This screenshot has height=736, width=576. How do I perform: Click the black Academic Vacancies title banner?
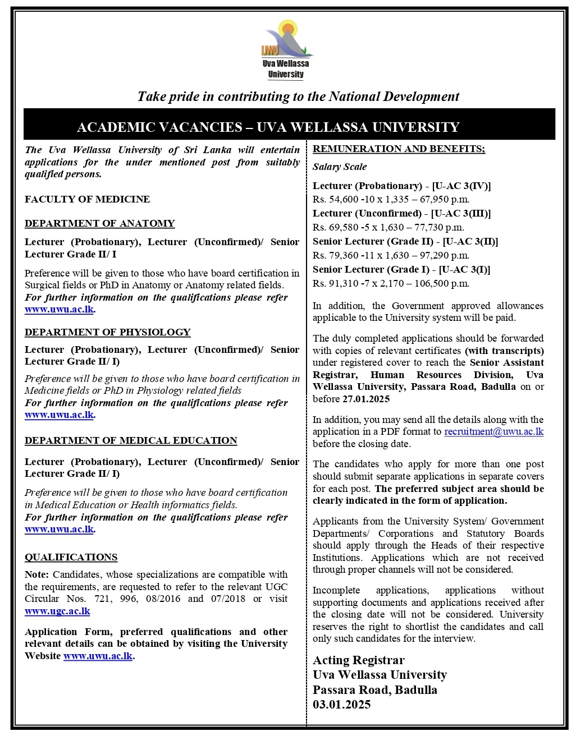pyautogui.click(x=289, y=127)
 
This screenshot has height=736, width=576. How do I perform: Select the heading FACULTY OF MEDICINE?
pyautogui.click(x=87, y=199)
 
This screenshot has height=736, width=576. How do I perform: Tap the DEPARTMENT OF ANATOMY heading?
pyautogui.click(x=99, y=223)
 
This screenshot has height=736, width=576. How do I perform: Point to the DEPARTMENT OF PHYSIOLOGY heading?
pyautogui.click(x=107, y=332)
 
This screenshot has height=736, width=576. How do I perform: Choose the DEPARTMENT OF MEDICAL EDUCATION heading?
pyautogui.click(x=131, y=440)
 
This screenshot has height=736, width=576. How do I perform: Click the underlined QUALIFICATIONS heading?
pyautogui.click(x=71, y=557)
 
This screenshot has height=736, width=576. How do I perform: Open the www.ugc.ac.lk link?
pyautogui.click(x=57, y=611)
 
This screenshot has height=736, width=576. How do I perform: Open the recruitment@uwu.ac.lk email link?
pyautogui.click(x=493, y=431)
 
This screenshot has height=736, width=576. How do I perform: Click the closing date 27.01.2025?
pyautogui.click(x=365, y=399)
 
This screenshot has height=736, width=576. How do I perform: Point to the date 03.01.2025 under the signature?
pyautogui.click(x=341, y=705)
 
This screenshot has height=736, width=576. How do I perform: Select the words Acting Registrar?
pyautogui.click(x=358, y=660)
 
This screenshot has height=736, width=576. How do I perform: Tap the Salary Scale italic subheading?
pyautogui.click(x=340, y=167)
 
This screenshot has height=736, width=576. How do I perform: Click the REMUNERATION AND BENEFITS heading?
pyautogui.click(x=399, y=149)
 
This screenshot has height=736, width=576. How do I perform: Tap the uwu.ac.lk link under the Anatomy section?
pyautogui.click(x=59, y=310)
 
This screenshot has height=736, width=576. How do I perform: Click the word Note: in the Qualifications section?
pyautogui.click(x=37, y=574)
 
